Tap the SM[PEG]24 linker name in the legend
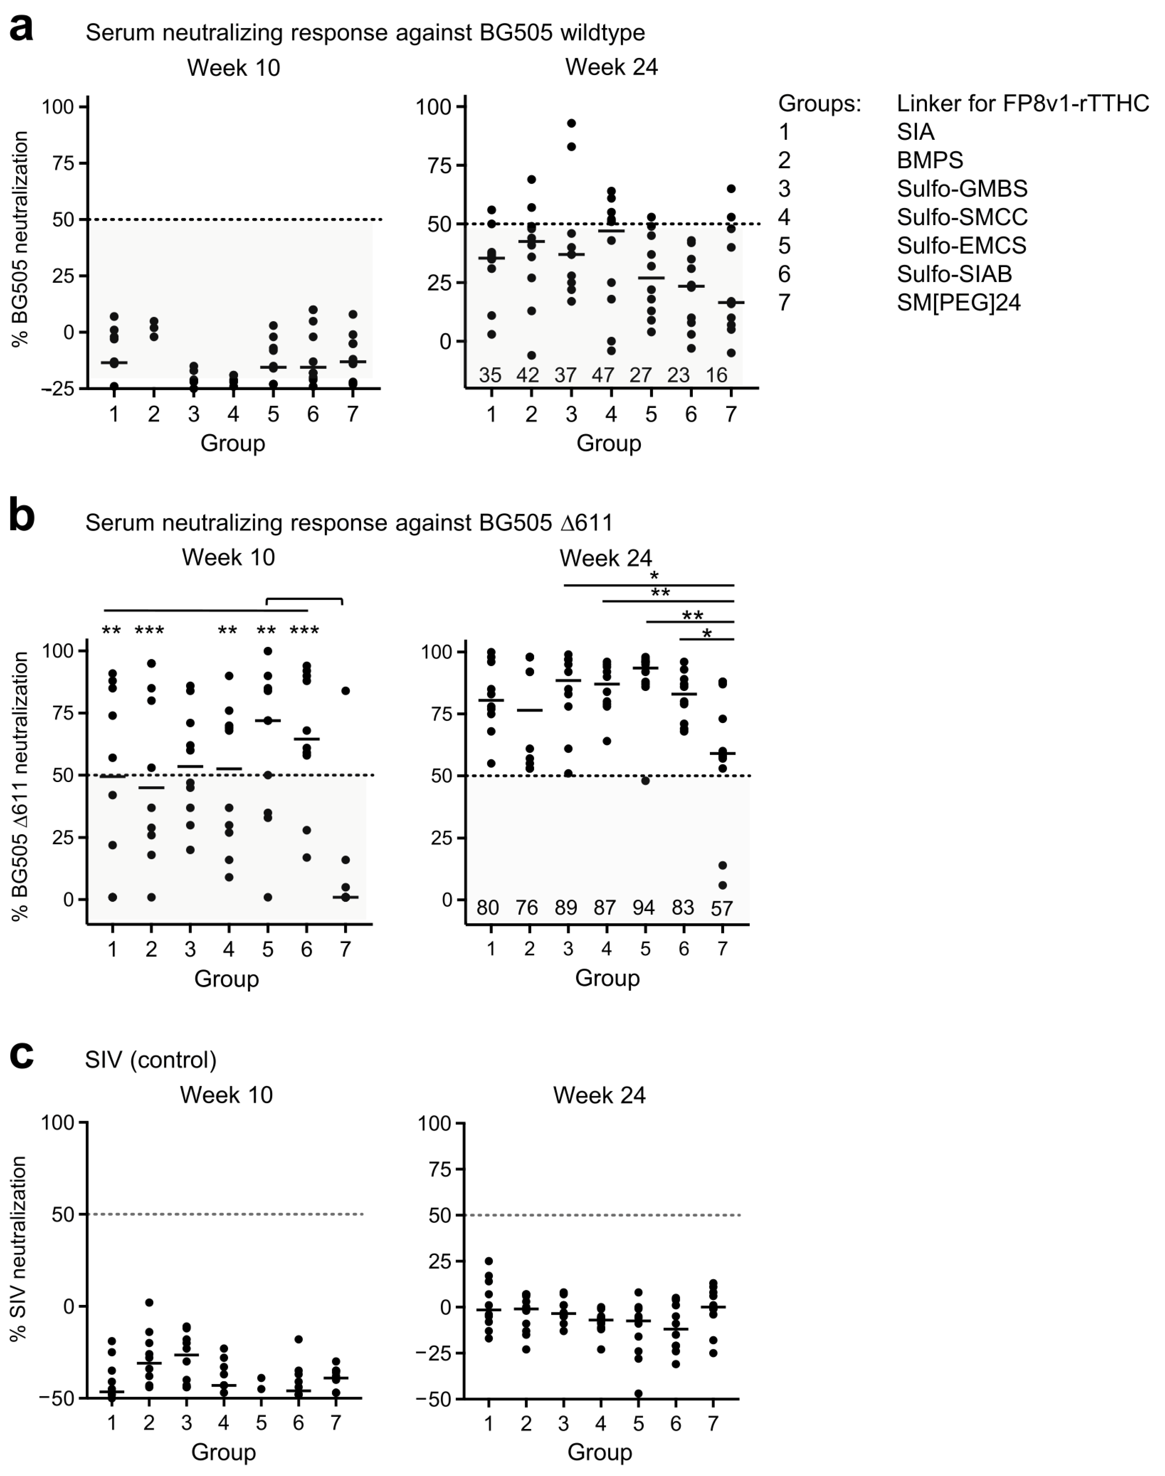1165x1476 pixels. (958, 302)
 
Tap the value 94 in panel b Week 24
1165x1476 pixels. (643, 908)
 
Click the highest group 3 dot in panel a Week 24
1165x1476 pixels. (571, 123)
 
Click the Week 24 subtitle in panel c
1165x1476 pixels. (599, 1095)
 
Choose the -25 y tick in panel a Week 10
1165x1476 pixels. (60, 389)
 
